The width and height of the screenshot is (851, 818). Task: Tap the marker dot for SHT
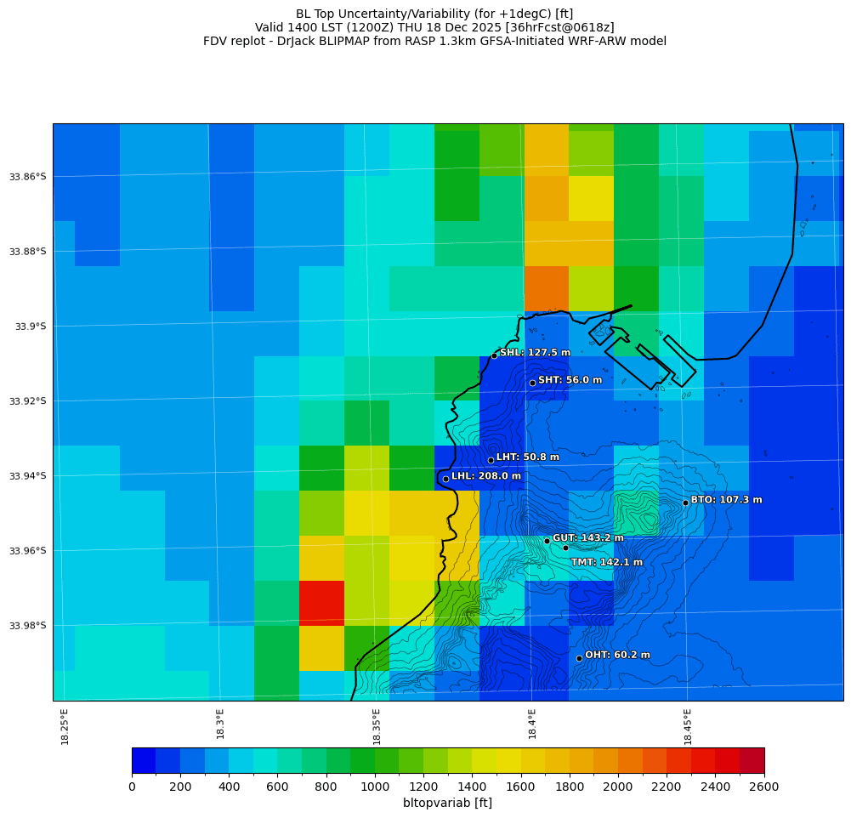(x=532, y=383)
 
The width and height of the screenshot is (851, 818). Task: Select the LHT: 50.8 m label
(x=527, y=457)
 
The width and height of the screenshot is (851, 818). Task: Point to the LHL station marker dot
(x=445, y=479)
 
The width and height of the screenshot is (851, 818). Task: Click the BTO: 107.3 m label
(x=726, y=500)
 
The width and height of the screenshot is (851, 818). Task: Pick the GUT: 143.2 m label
(x=587, y=538)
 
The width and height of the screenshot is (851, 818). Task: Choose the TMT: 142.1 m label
(x=606, y=562)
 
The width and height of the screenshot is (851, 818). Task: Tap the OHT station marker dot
(x=579, y=658)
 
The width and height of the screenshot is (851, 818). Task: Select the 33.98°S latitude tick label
(x=29, y=626)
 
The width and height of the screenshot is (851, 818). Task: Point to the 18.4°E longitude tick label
(x=532, y=724)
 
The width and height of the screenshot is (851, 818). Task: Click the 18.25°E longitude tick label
(x=65, y=726)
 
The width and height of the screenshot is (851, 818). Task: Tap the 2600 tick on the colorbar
(x=764, y=787)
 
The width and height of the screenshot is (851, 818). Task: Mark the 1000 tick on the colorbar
(x=375, y=787)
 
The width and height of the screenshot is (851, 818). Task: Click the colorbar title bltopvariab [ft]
(x=447, y=803)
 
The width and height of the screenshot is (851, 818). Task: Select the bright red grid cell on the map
(x=321, y=603)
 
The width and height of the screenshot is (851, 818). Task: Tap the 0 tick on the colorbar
(x=132, y=787)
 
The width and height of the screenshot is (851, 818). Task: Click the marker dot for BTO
(x=685, y=503)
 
